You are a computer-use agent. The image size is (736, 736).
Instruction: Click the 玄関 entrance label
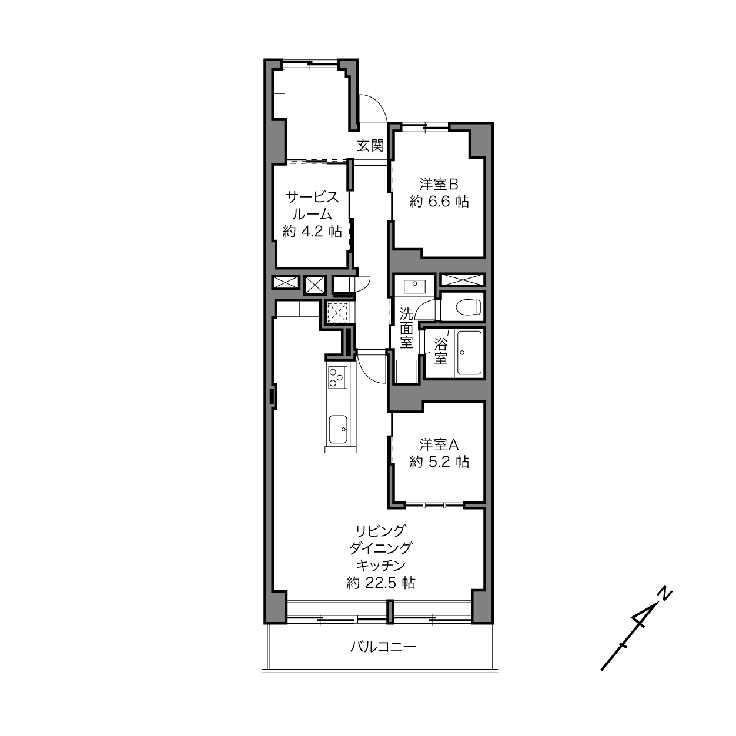[x=370, y=146]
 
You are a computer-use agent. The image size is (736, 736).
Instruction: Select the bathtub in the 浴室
[x=469, y=353]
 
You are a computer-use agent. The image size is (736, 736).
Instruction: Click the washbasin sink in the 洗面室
[x=414, y=286]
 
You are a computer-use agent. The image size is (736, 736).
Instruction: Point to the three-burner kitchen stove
[x=337, y=377]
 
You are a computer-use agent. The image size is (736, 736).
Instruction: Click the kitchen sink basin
[x=337, y=429]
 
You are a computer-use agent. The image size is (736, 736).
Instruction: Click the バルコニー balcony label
[x=383, y=647]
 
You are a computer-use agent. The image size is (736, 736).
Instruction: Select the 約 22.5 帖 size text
[x=381, y=583]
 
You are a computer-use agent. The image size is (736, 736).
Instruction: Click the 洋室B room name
[x=439, y=185]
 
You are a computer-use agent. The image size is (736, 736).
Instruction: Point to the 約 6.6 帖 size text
[x=439, y=202]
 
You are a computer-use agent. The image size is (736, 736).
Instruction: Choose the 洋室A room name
[x=439, y=445]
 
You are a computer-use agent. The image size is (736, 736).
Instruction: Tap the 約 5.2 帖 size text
[x=439, y=462]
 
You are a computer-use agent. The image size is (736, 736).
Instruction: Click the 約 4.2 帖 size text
[x=312, y=232]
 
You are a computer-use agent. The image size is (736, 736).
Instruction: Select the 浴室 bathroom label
[x=440, y=352]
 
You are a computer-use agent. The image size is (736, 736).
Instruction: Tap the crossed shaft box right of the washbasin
[x=463, y=280]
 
